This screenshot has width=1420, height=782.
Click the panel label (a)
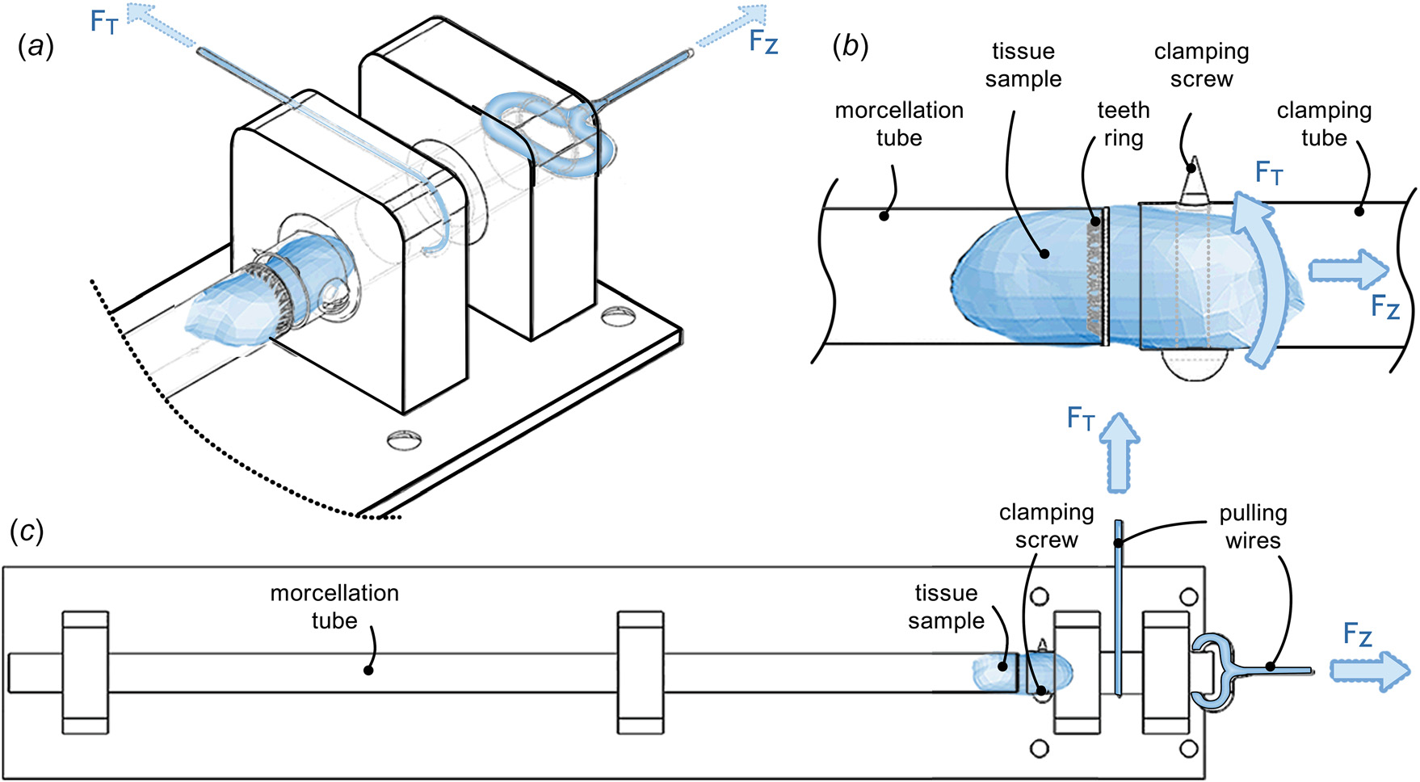36,48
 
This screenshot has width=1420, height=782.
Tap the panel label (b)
850,47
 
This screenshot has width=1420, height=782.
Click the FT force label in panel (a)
104,22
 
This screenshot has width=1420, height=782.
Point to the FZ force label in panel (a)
763,41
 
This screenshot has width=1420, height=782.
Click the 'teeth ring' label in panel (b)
1123,124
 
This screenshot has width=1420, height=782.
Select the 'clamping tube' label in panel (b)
1323,124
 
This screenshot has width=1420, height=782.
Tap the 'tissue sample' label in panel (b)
1023,65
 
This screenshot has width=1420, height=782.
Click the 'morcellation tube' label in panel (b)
898,124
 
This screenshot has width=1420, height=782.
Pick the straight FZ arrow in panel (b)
1347,269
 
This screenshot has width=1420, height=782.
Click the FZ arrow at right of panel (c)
1369,670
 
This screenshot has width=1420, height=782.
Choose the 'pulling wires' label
1252,527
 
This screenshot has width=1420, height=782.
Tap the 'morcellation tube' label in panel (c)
334,606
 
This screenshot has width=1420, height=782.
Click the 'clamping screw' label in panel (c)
1046,526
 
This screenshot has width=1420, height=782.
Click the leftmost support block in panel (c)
85,672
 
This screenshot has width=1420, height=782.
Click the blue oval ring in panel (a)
540,129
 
